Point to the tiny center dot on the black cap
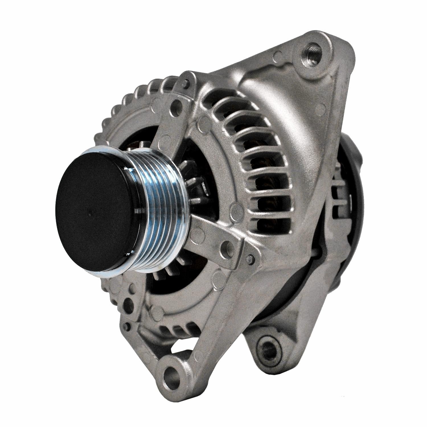(x=89, y=212)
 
